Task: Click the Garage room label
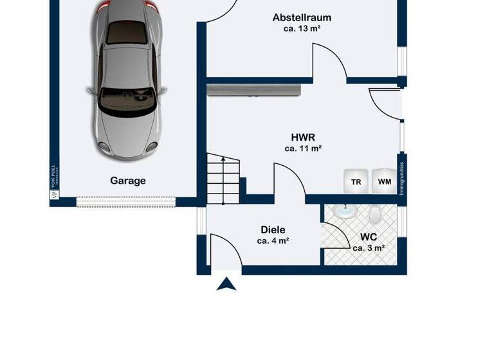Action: (x=128, y=181)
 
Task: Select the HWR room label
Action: (x=302, y=137)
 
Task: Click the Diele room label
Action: (x=273, y=230)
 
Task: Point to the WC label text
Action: (x=368, y=236)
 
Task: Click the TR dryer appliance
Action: (x=356, y=181)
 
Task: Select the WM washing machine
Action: (x=385, y=181)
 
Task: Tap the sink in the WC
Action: (x=345, y=211)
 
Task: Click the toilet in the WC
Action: (x=376, y=213)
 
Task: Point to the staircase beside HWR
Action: (x=223, y=181)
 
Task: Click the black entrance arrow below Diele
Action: (x=226, y=283)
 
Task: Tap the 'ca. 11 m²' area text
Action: (x=302, y=148)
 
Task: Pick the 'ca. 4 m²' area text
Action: (x=273, y=241)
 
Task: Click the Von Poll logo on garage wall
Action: (x=55, y=181)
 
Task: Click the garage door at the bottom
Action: (x=125, y=202)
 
